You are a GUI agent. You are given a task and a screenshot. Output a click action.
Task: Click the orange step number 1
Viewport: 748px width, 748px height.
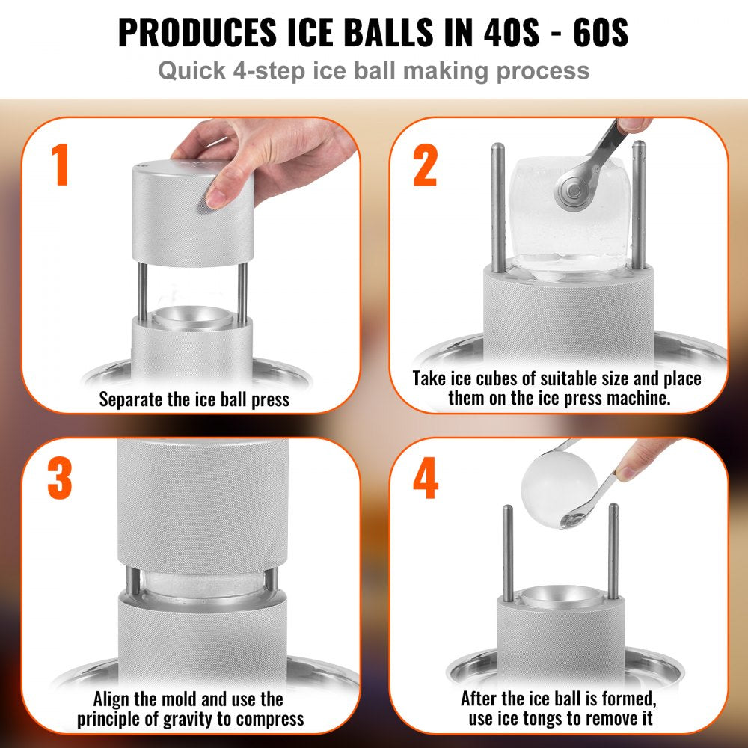coord(61,166)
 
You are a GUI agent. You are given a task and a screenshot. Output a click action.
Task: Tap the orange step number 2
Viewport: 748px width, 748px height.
coord(425,166)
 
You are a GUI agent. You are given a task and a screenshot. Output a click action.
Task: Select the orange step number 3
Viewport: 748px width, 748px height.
coord(60,479)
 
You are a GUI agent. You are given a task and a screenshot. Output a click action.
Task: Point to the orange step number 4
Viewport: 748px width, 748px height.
coord(425,479)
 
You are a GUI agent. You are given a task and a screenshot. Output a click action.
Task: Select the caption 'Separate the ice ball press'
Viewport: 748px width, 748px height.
coord(194,399)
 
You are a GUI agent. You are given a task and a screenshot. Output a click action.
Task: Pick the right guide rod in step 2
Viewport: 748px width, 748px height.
coord(638,202)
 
